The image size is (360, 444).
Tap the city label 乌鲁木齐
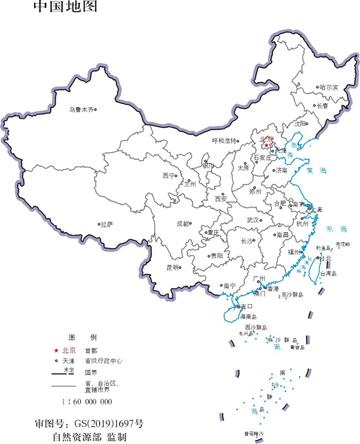pos(83,107)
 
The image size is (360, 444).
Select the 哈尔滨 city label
pos(327,87)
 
